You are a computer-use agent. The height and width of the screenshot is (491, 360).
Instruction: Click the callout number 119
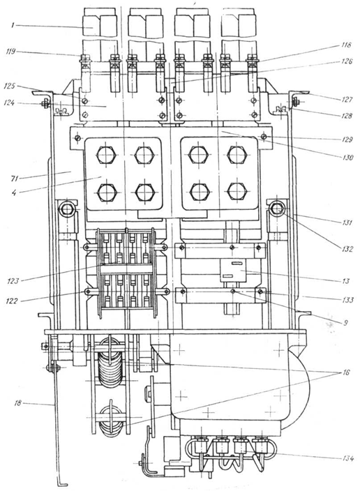[10, 52]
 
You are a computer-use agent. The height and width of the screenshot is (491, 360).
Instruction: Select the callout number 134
[347, 458]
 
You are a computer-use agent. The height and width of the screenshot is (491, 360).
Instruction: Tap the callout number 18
[18, 403]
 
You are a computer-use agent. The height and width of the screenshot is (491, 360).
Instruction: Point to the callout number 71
[15, 179]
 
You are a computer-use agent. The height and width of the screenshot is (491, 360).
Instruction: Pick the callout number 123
[13, 281]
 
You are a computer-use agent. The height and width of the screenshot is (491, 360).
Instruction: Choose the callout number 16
[345, 372]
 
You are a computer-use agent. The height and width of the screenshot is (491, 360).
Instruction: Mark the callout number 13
[345, 281]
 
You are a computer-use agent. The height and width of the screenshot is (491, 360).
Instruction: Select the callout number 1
[13, 25]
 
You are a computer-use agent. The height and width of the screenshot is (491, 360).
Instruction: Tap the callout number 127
[347, 100]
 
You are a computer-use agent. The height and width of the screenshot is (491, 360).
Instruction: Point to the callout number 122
[13, 301]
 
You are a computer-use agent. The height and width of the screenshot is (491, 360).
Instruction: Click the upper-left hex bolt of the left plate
[107, 155]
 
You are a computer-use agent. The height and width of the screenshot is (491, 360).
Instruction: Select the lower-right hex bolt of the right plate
[237, 192]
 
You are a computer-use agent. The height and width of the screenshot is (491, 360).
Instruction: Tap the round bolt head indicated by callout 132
[277, 209]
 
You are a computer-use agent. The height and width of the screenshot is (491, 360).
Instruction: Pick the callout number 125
[9, 86]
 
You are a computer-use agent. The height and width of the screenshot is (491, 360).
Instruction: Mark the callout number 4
[14, 192]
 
